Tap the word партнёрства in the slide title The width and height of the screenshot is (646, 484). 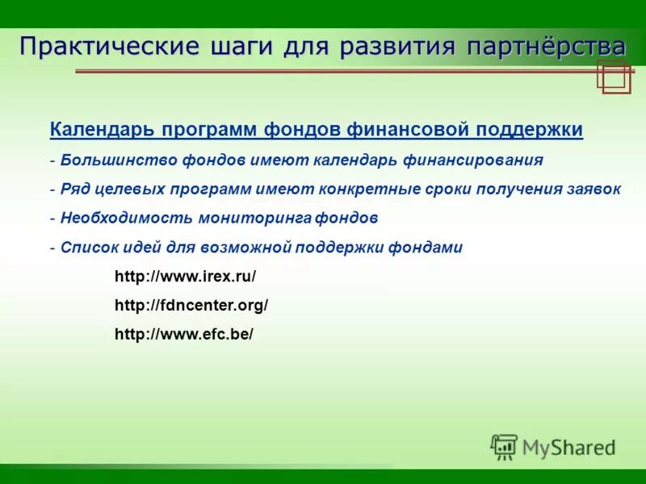[x=545, y=45]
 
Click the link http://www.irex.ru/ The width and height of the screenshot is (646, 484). [x=185, y=276]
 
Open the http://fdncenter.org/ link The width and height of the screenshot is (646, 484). [x=191, y=305]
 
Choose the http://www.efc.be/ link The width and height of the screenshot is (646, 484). [x=184, y=334]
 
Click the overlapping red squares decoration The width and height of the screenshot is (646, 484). [x=614, y=77]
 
